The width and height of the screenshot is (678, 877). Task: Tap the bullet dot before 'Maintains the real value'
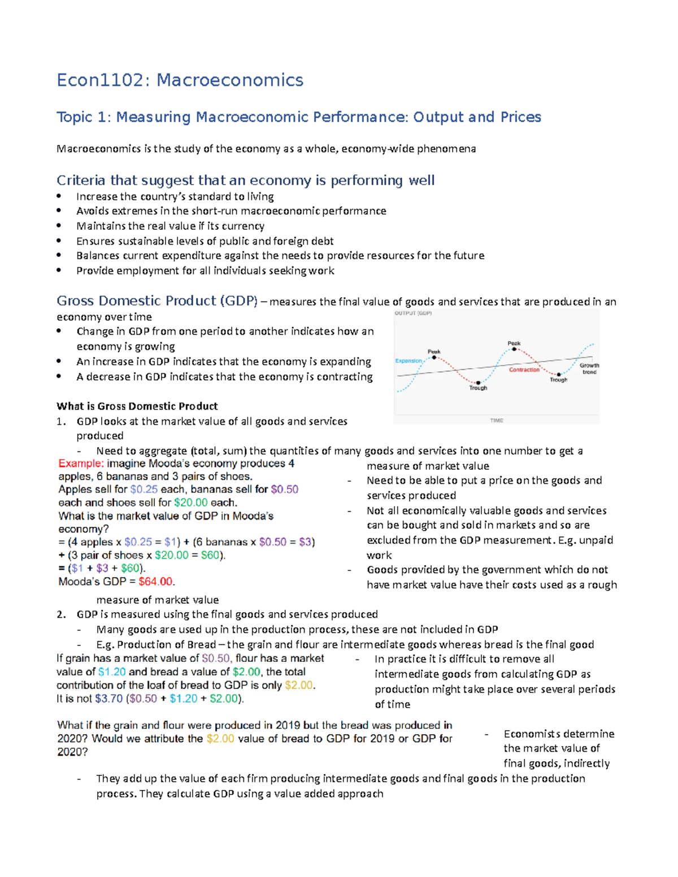(59, 225)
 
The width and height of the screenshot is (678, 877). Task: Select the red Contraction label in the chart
(524, 370)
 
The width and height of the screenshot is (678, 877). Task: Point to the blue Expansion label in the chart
(408, 361)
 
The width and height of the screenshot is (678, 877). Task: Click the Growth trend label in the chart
(589, 369)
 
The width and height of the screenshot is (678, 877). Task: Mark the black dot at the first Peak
(434, 357)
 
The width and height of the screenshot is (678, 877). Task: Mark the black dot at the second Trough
(559, 374)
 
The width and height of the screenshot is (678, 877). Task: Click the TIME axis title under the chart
(497, 420)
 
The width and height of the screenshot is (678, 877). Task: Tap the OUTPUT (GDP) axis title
(413, 313)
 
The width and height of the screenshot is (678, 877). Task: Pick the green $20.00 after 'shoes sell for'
(190, 503)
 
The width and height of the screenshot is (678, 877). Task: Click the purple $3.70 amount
(108, 699)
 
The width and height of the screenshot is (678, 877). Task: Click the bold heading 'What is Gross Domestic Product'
(137, 406)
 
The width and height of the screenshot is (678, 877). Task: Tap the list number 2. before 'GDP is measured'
(61, 614)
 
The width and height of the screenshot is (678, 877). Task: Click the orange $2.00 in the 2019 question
(220, 739)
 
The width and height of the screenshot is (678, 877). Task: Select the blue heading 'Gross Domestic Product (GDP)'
(157, 300)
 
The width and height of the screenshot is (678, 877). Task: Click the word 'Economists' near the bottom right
(531, 734)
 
